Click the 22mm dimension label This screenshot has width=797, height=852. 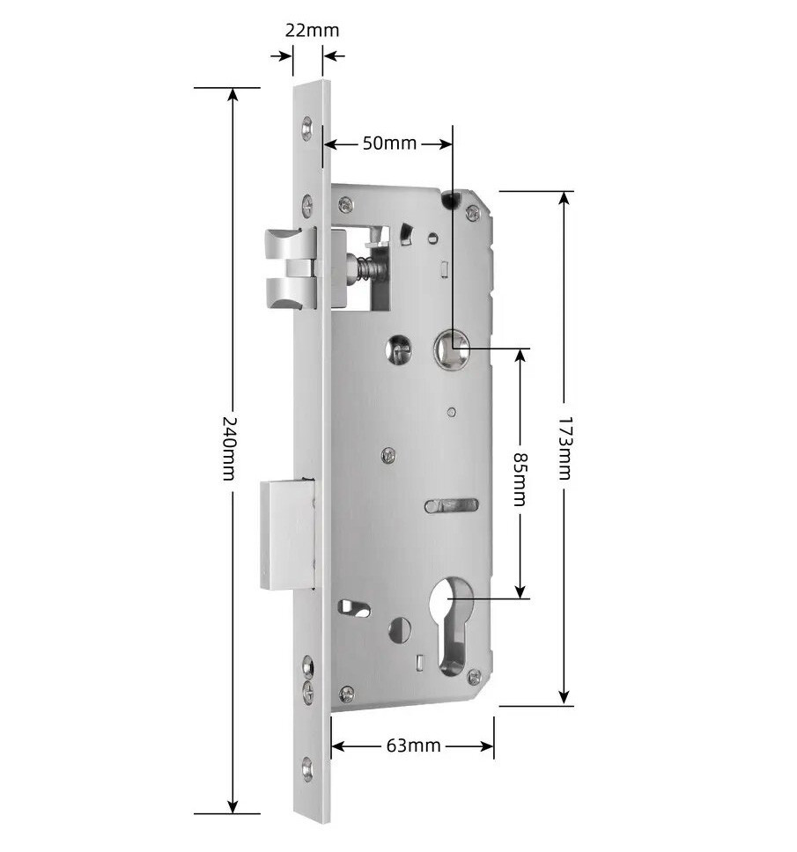312,30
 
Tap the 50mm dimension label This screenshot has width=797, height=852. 389,143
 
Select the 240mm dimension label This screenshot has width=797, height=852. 230,449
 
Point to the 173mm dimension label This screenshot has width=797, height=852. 565,448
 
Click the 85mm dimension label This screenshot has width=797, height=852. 520,479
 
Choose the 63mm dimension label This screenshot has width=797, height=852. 414,745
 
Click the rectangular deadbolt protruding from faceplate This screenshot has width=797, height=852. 287,534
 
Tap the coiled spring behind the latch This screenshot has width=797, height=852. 370,268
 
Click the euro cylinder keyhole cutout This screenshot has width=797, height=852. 451,625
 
